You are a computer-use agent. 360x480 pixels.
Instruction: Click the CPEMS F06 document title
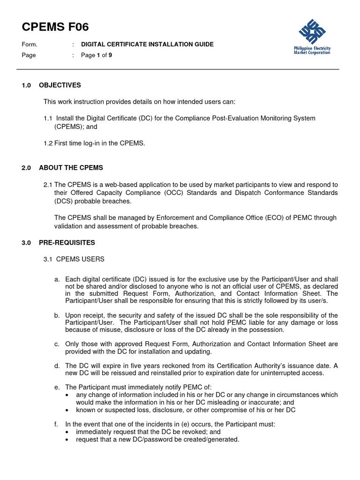[55, 27]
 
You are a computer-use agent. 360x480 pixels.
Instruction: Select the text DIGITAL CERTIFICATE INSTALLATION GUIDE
[147, 45]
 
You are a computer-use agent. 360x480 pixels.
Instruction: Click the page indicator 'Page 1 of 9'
[97, 55]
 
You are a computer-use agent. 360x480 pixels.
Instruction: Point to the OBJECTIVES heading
[60, 85]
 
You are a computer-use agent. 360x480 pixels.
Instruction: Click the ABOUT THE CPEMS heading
[71, 168]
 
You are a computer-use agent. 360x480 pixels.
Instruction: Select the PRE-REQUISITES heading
[67, 243]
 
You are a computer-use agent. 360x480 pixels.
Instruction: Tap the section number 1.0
[26, 85]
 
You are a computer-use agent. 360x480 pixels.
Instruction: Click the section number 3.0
[26, 243]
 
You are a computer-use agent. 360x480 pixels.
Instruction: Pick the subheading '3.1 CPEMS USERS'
[74, 259]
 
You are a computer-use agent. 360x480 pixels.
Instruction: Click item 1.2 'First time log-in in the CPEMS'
[94, 143]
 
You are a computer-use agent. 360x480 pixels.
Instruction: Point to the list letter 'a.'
[57, 279]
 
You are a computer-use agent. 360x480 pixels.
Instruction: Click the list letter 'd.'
[57, 366]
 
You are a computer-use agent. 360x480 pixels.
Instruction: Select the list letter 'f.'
[56, 424]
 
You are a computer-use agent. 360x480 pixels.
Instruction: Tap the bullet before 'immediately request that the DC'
[68, 432]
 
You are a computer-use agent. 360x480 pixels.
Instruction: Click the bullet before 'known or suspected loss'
[68, 410]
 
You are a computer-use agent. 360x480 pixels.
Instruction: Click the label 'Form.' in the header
[29, 45]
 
